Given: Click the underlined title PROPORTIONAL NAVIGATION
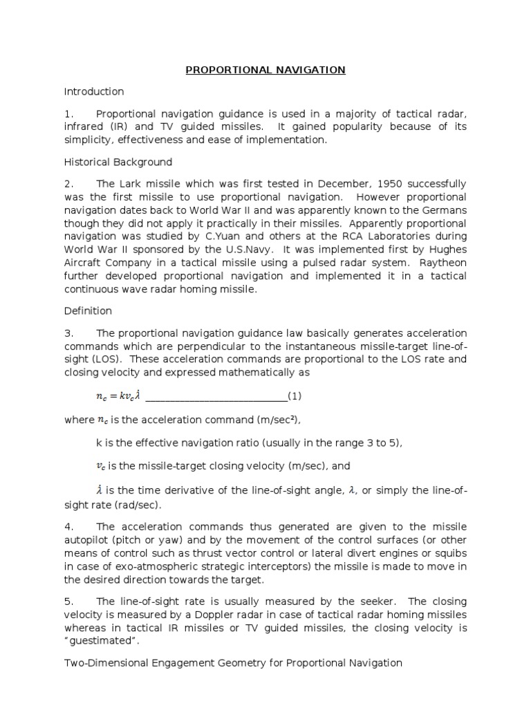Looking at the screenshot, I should click(x=265, y=70).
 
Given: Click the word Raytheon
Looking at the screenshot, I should click(x=444, y=263).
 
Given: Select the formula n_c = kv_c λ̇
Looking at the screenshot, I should click(x=118, y=396).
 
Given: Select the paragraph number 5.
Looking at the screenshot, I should click(x=68, y=601).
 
